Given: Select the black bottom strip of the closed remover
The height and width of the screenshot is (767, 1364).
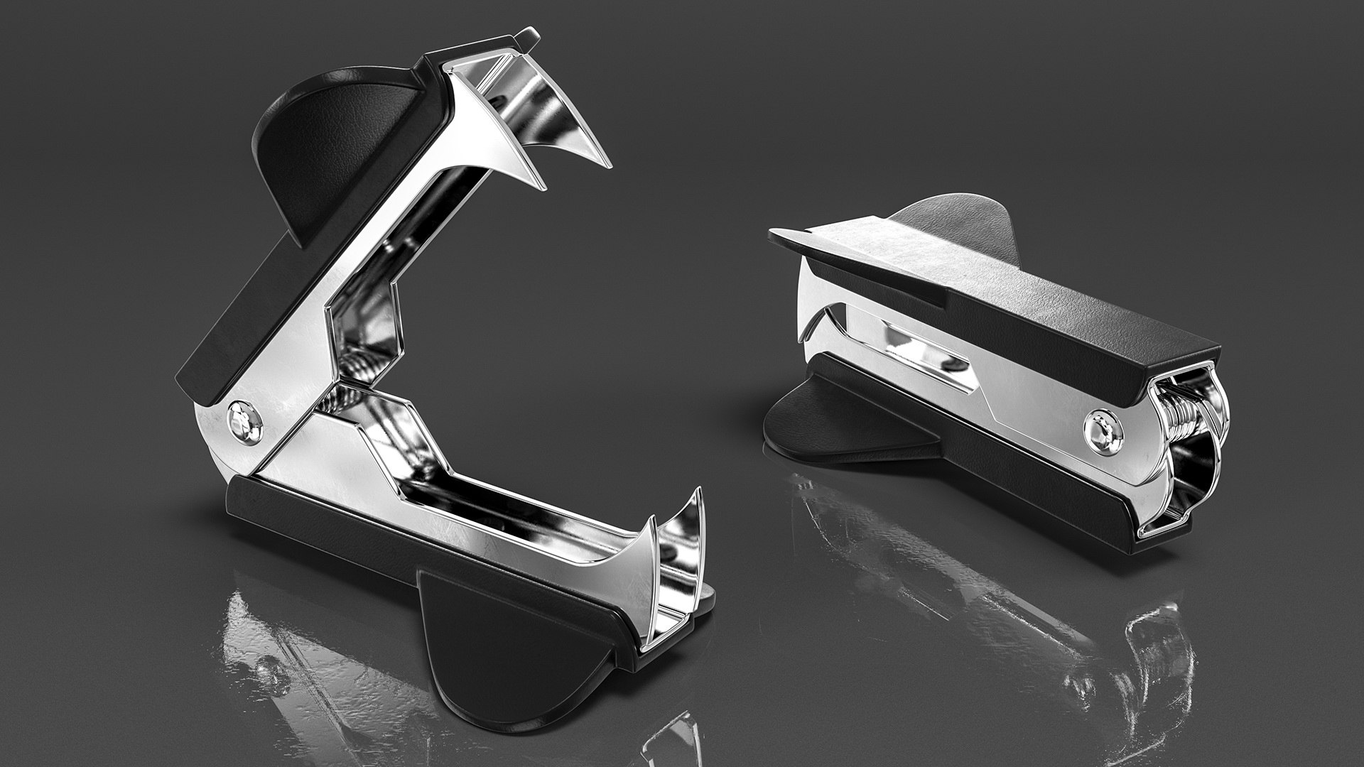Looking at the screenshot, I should tap(1030, 469).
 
